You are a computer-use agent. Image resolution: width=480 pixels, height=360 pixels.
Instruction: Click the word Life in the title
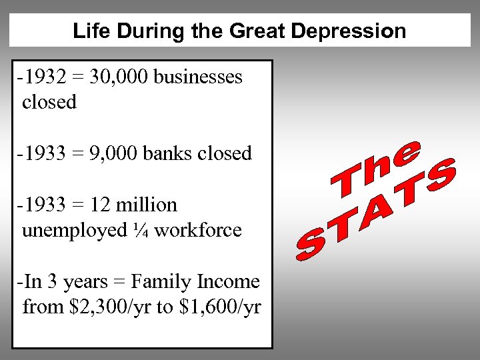pos(87,31)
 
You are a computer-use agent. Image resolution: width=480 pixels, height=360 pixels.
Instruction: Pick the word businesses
pos(198,77)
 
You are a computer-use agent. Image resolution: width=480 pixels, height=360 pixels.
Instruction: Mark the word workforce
pos(198,230)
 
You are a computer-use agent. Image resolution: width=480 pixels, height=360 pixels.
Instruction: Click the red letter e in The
pos(408,152)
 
